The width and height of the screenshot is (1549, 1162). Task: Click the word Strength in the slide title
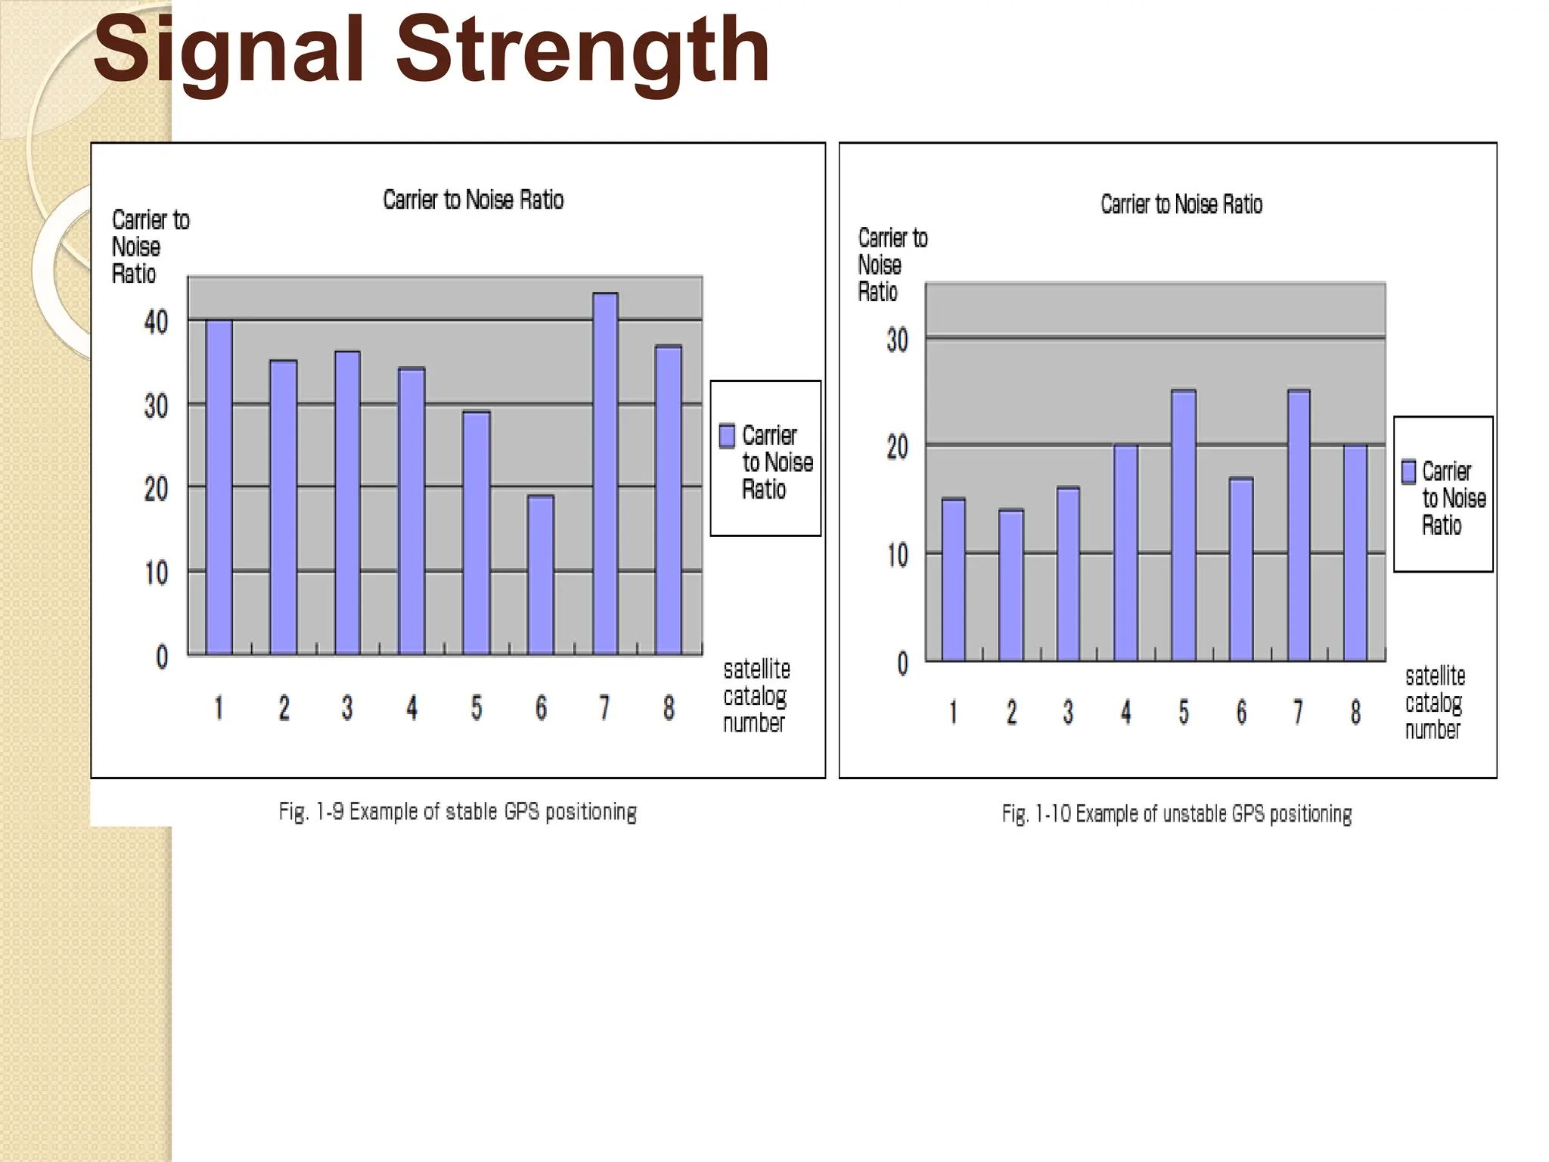coord(582,51)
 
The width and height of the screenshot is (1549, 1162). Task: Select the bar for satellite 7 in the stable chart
coord(605,474)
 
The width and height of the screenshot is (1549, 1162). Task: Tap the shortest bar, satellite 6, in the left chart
coord(541,575)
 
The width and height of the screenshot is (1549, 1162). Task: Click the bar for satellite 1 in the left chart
coord(219,487)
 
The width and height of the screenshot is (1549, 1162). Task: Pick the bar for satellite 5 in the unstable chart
coord(1184,526)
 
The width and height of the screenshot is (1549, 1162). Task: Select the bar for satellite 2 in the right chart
coord(1011,586)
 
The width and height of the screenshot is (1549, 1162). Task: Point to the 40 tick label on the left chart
coord(156,322)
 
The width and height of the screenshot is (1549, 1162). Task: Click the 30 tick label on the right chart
coord(897,340)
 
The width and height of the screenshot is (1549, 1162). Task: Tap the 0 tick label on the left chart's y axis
coord(162,657)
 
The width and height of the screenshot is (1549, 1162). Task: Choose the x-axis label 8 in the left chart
coord(669,708)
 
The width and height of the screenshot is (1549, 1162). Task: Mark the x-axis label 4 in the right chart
coord(1125,712)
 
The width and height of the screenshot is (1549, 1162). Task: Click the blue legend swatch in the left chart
coord(727,436)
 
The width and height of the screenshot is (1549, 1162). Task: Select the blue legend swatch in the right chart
coord(1408,471)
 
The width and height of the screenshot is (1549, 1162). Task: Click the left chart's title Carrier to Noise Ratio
coord(473,200)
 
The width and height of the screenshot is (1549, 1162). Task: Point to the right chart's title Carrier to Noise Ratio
coord(1181,204)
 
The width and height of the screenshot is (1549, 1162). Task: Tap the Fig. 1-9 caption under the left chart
coord(458,812)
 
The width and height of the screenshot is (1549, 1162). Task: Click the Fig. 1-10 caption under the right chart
coord(1177,814)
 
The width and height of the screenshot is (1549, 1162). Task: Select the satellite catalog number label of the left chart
coord(756,696)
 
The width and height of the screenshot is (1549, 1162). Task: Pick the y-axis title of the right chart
coord(892,265)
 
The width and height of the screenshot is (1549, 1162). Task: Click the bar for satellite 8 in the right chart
coord(1355,553)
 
